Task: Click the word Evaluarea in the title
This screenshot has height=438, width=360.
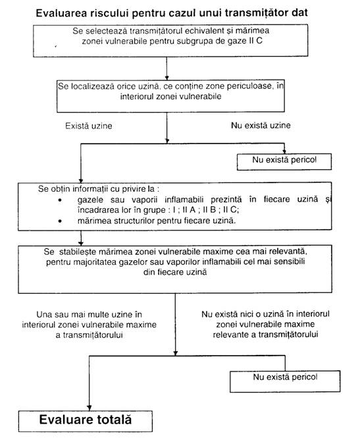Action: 61,13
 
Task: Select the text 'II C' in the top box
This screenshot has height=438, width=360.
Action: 255,41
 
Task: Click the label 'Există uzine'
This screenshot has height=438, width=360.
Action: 89,126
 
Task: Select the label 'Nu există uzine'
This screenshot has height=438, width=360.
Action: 261,125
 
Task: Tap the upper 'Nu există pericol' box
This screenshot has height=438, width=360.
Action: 284,162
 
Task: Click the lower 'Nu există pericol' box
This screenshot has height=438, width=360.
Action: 285,381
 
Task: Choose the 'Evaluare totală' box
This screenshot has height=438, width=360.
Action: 86,421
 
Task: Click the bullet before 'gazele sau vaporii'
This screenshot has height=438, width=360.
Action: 60,200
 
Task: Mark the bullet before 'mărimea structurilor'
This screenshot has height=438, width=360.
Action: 60,221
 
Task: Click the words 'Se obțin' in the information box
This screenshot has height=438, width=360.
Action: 54,189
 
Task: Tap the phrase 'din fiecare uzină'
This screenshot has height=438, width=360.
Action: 175,272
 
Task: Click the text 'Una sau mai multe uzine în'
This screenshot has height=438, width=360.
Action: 89,315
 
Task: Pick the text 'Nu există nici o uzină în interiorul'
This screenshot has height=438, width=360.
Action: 265,314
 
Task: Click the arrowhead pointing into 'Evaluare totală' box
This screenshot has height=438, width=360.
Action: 89,408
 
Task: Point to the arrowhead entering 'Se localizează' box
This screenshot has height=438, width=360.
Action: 167,77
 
